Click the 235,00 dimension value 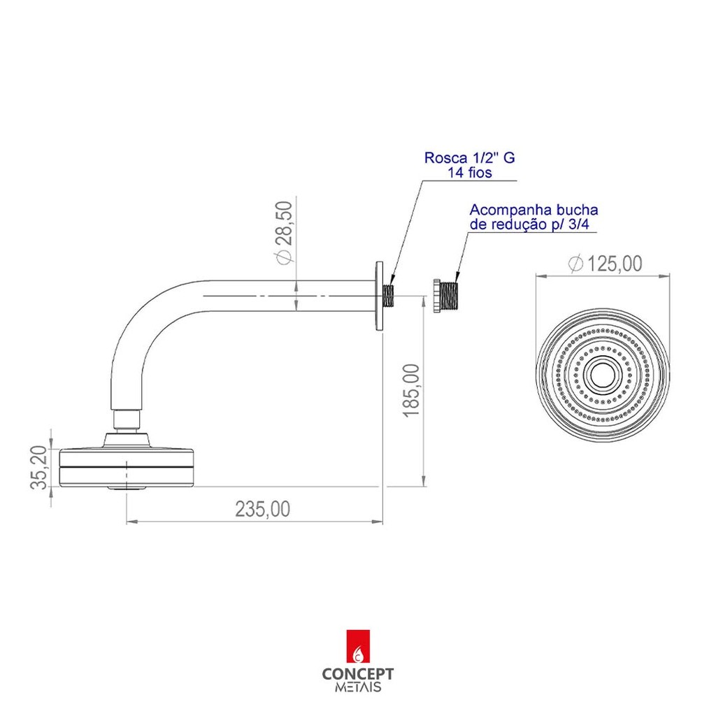[263, 509]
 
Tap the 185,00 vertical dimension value [411, 390]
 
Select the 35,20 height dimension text [39, 468]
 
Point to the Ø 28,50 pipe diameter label [284, 233]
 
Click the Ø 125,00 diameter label [606, 264]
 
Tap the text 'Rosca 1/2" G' [469, 157]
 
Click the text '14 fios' [469, 173]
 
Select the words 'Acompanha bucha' [534, 210]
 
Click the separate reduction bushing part [445, 296]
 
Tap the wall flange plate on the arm [379, 296]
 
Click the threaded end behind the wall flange [389, 296]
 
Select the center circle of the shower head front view [603, 374]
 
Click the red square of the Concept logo [358, 646]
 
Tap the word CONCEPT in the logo [357, 674]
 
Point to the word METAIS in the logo [358, 687]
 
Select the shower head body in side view [127, 468]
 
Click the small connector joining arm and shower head [127, 420]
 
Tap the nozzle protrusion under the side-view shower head [127, 488]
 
